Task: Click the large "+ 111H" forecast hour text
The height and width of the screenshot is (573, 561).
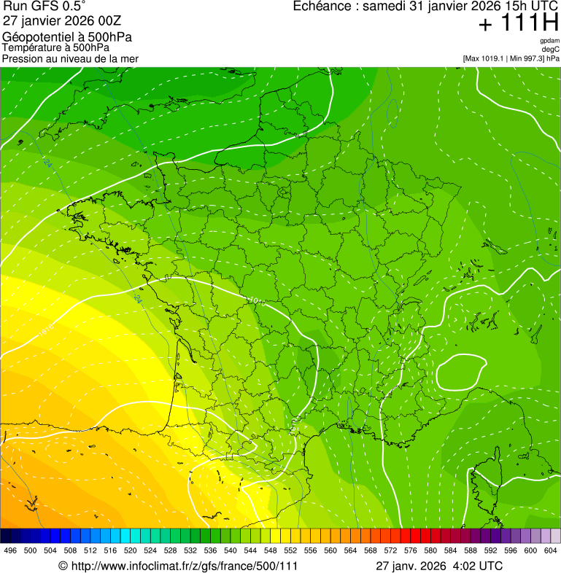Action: (518, 23)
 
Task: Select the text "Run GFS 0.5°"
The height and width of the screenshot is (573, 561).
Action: (45, 7)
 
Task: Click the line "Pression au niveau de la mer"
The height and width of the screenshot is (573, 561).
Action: (70, 58)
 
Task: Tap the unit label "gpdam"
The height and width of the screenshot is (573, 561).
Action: (549, 41)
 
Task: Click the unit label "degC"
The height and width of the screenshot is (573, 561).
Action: (551, 50)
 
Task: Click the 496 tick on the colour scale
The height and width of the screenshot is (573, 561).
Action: (10, 550)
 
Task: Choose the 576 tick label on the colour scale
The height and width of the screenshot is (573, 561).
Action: (411, 550)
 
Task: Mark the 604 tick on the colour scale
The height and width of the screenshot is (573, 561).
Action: (551, 550)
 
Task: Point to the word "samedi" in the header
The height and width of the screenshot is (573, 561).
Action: (386, 7)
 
